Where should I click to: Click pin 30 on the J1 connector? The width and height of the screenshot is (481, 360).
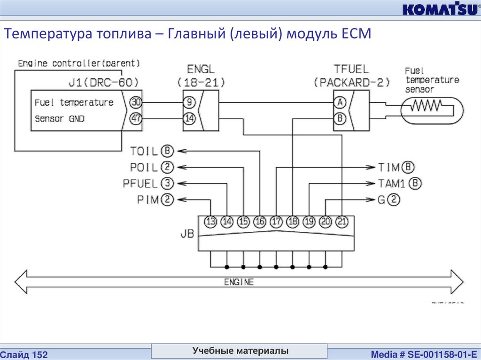click(136, 102)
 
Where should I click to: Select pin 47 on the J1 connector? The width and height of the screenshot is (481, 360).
click(136, 119)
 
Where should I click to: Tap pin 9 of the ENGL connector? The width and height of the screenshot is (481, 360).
click(189, 102)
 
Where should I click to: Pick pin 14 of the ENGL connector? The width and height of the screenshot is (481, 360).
click(189, 119)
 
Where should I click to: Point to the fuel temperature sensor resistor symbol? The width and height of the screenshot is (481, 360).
click(426, 107)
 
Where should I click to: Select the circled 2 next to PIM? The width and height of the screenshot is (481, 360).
click(167, 199)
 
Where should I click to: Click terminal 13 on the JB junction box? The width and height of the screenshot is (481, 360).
click(211, 222)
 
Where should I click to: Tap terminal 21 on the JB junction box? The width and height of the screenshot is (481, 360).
click(342, 222)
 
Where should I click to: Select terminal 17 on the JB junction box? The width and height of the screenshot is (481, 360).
click(277, 222)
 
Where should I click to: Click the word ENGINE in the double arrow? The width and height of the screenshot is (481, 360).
click(239, 282)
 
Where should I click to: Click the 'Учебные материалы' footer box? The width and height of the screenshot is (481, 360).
click(240, 351)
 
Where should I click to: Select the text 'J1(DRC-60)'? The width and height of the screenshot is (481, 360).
click(103, 83)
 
